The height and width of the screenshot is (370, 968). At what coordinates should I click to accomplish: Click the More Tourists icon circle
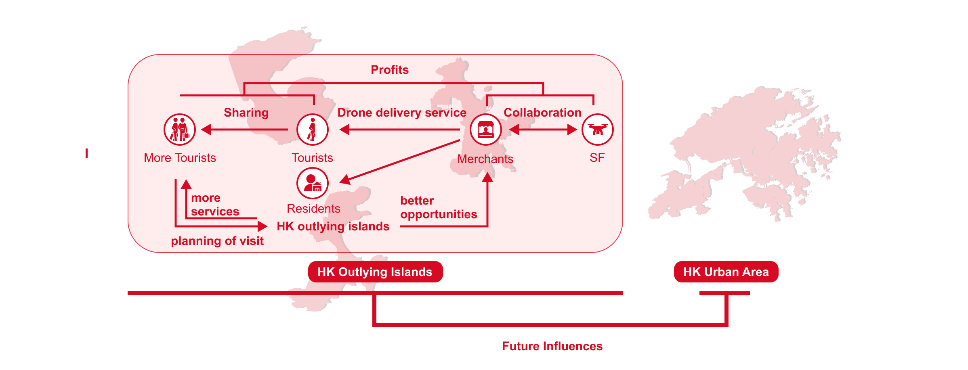coord(180,130)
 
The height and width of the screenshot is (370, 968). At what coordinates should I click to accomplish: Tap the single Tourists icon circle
coord(312,130)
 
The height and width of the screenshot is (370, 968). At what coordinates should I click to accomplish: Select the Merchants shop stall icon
coord(485,130)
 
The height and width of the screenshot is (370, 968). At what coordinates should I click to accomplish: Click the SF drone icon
coord(597,130)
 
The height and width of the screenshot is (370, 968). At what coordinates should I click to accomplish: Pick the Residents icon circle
coord(312,183)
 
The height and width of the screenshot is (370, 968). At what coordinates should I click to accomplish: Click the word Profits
coord(390,70)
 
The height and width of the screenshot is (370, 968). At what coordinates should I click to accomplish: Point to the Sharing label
coord(246,113)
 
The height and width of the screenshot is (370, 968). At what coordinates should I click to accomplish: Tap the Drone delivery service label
coord(402,113)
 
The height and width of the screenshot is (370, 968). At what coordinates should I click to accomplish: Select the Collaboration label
coord(542,113)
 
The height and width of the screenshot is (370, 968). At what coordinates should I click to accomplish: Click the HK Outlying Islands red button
coord(375,272)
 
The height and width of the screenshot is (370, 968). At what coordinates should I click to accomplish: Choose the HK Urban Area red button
coord(726,272)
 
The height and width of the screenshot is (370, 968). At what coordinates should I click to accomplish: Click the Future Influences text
coord(552,346)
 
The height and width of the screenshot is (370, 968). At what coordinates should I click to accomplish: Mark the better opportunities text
coord(439,207)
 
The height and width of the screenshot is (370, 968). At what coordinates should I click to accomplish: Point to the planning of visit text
coord(217,241)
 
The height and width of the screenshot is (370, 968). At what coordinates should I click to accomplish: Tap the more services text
coord(215,205)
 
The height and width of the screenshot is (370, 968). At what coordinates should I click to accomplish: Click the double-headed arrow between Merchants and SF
coord(543,130)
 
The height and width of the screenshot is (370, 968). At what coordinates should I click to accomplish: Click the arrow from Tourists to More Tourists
coord(244,130)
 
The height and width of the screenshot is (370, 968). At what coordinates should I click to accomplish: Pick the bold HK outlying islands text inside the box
coord(333,226)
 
